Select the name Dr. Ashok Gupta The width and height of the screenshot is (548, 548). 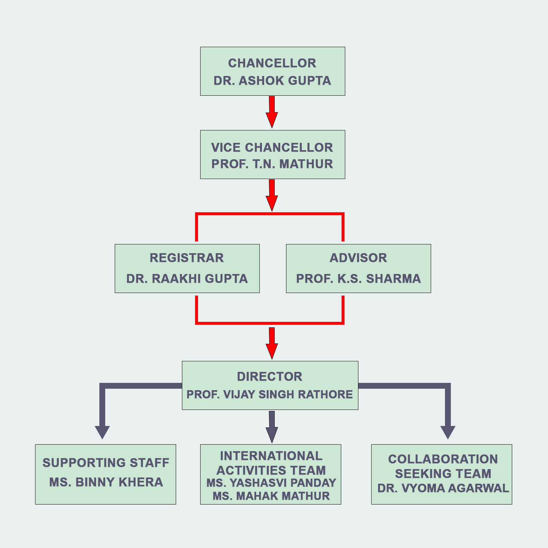pyautogui.click(x=272, y=81)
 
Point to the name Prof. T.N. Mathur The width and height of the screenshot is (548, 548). pyautogui.click(x=272, y=164)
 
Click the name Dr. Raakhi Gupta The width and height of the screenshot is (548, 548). pyautogui.click(x=187, y=279)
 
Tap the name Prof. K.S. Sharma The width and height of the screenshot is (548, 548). pyautogui.click(x=358, y=279)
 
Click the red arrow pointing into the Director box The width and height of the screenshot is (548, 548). pyautogui.click(x=272, y=343)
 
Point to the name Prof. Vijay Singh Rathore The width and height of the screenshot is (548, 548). pyautogui.click(x=270, y=395)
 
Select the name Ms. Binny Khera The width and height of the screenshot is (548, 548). pyautogui.click(x=106, y=482)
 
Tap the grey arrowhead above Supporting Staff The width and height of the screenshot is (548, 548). pyautogui.click(x=102, y=432)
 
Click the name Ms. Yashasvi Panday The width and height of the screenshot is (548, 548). pyautogui.click(x=271, y=483)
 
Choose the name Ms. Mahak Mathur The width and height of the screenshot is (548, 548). pyautogui.click(x=271, y=496)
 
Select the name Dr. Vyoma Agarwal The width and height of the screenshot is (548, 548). pyautogui.click(x=443, y=488)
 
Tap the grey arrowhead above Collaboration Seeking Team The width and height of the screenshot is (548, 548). pyautogui.click(x=448, y=432)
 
